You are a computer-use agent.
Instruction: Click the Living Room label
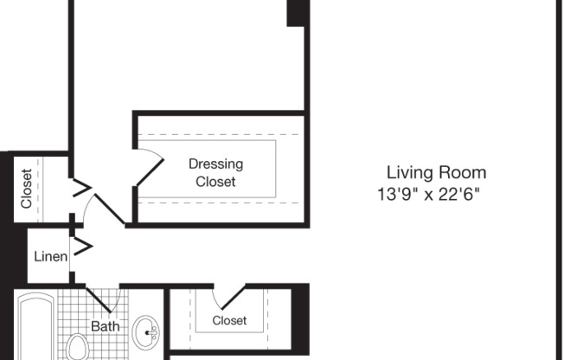click(436, 172)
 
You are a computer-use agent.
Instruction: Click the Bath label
click(106, 326)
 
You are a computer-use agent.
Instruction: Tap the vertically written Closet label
click(26, 189)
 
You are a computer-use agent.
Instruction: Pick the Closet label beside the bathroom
click(229, 320)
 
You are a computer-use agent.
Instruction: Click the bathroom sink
click(146, 331)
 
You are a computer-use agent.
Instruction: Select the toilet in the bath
click(78, 349)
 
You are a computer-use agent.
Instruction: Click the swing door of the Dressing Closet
click(149, 168)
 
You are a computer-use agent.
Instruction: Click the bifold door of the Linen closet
click(80, 248)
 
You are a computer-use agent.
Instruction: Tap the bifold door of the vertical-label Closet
click(80, 190)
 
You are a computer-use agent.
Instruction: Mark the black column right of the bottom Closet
click(300, 315)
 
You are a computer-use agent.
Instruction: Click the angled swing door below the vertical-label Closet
click(108, 208)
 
